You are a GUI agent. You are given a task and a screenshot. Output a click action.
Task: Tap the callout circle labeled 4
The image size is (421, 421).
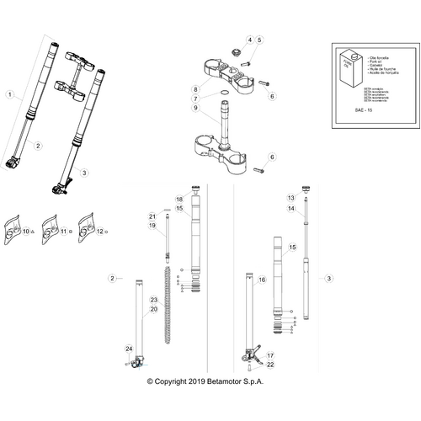(249, 40)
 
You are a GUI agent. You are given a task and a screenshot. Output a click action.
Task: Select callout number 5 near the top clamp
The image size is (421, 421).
(259, 40)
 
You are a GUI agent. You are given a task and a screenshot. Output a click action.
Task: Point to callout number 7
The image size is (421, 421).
(195, 99)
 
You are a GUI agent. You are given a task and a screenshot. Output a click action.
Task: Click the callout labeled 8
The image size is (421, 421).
(195, 88)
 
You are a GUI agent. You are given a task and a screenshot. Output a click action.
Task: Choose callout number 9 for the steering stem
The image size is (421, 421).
(195, 109)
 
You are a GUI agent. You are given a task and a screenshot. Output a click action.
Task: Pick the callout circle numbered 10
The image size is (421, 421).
(26, 231)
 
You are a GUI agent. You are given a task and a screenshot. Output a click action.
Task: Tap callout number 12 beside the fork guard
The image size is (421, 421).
(100, 231)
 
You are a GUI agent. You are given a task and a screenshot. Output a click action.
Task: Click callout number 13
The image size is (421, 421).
(290, 197)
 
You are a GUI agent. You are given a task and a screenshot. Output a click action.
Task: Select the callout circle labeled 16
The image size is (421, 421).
(262, 280)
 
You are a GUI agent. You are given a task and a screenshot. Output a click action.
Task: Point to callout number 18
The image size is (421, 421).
(179, 198)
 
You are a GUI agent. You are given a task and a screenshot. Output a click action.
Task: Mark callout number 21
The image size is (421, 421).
(152, 216)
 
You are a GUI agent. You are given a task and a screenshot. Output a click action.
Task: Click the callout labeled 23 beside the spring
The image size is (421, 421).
(154, 301)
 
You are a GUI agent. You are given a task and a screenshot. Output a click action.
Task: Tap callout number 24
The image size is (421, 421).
(129, 349)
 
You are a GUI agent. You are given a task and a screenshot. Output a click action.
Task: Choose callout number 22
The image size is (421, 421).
(270, 365)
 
